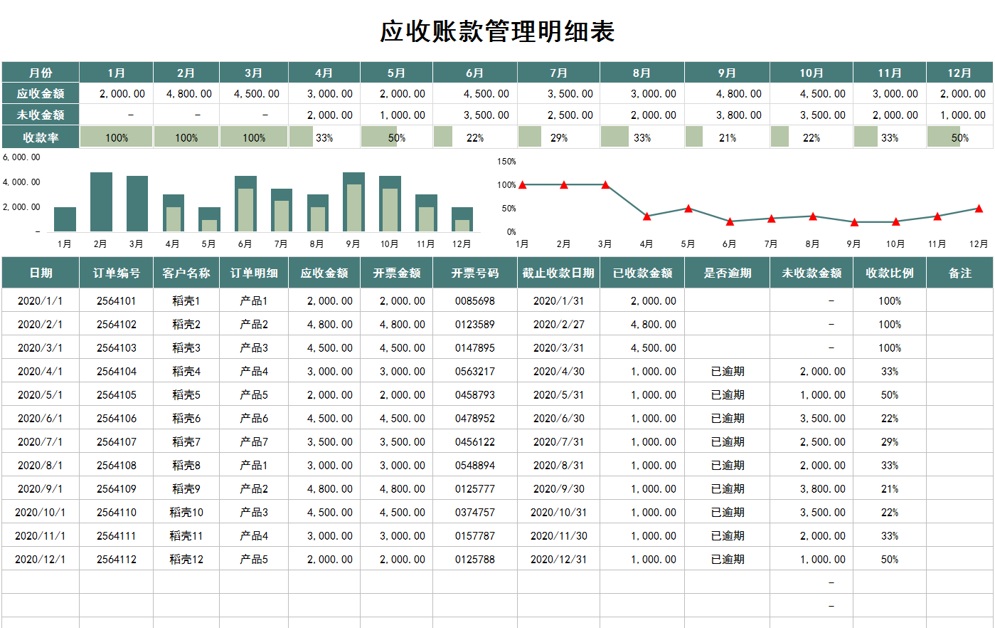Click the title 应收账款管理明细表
click(x=497, y=31)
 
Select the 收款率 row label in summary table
click(x=41, y=137)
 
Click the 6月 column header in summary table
click(x=474, y=73)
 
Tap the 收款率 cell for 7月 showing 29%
click(x=559, y=137)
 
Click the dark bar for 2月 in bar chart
click(x=101, y=202)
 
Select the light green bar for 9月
click(x=353, y=208)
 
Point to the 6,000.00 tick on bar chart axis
click(x=21, y=157)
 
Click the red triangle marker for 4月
click(x=647, y=216)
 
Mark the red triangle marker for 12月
click(x=979, y=209)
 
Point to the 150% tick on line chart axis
click(x=506, y=162)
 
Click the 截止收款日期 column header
click(x=558, y=273)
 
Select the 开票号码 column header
click(x=474, y=273)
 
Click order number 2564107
click(x=116, y=441)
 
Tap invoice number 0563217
click(x=474, y=371)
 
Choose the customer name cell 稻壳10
click(x=186, y=512)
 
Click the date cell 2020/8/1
click(x=40, y=465)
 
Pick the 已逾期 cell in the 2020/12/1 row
click(x=727, y=559)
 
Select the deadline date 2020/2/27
click(x=558, y=324)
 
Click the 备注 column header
click(x=959, y=273)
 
